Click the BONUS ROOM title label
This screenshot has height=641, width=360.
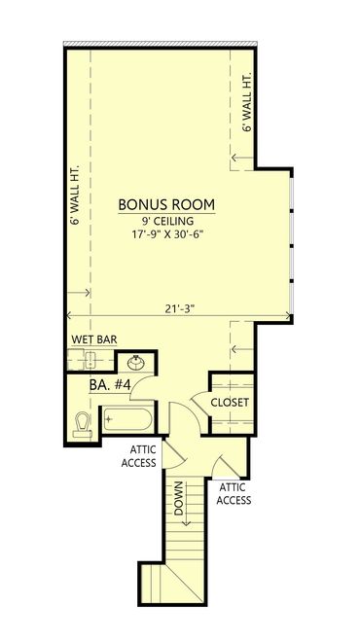tap(166, 204)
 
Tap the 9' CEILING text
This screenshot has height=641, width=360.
tap(166, 222)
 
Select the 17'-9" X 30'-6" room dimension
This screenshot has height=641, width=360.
tap(166, 236)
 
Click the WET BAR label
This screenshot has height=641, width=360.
tap(94, 339)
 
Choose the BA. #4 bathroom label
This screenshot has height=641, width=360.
tap(110, 385)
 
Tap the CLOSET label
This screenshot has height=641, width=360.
tap(230, 403)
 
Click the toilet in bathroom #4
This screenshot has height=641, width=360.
tap(83, 424)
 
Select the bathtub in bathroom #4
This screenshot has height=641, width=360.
tap(127, 419)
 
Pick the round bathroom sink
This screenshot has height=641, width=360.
tap(135, 362)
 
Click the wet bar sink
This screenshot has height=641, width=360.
tap(90, 359)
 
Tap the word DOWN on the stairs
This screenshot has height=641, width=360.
tap(178, 498)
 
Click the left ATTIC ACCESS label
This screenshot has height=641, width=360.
tap(143, 456)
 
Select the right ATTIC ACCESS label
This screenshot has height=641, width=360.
tap(234, 494)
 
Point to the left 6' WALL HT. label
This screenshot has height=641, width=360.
tap(75, 195)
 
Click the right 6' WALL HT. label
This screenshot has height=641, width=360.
tap(247, 102)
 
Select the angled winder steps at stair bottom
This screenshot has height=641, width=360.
tap(175, 582)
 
